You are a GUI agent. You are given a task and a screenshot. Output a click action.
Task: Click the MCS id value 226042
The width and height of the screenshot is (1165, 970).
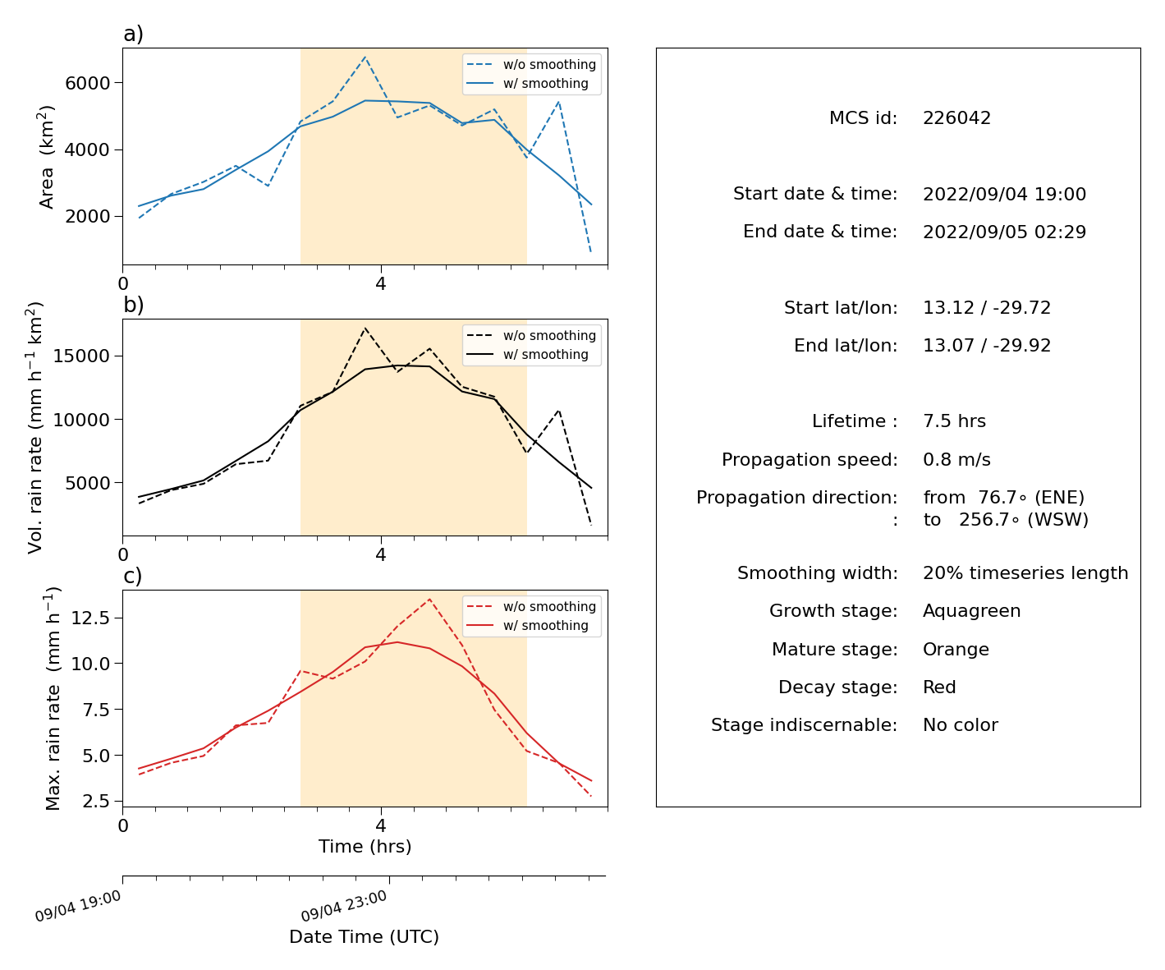pyautogui.click(x=956, y=117)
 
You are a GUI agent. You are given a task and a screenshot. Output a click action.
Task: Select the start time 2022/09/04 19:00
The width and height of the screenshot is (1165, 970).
pyautogui.click(x=1004, y=194)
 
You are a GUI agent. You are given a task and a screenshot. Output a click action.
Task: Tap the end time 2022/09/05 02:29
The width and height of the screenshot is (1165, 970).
pyautogui.click(x=1004, y=232)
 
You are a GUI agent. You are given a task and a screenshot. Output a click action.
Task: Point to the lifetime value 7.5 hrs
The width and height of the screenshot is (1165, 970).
pyautogui.click(x=954, y=421)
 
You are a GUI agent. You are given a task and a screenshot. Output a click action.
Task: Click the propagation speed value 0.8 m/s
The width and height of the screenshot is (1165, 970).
pyautogui.click(x=956, y=459)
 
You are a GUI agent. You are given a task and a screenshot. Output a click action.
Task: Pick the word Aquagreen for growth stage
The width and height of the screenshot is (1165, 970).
pyautogui.click(x=971, y=611)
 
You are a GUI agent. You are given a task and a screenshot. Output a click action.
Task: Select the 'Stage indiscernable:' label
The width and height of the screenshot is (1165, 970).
pyautogui.click(x=804, y=725)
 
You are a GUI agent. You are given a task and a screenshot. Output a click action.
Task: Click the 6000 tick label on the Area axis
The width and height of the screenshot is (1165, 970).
pyautogui.click(x=88, y=83)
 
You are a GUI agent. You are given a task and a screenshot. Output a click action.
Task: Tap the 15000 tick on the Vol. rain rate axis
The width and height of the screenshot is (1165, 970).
pyautogui.click(x=81, y=356)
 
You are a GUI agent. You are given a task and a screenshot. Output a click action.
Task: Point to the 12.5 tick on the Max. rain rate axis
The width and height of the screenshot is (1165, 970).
pyautogui.click(x=90, y=618)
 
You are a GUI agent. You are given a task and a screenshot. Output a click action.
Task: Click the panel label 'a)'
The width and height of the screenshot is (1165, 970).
pyautogui.click(x=133, y=34)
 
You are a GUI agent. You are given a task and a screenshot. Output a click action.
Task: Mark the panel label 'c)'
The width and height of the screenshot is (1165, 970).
pyautogui.click(x=133, y=576)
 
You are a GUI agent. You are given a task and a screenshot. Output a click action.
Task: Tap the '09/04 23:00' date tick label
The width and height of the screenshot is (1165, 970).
pyautogui.click(x=344, y=906)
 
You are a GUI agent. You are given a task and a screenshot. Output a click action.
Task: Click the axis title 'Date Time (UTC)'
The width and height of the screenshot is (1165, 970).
pyautogui.click(x=364, y=937)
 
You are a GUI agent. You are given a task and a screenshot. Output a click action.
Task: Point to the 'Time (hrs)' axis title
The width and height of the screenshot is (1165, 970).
pyautogui.click(x=365, y=847)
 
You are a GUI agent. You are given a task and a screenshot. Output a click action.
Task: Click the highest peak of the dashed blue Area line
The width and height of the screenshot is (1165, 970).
pyautogui.click(x=365, y=57)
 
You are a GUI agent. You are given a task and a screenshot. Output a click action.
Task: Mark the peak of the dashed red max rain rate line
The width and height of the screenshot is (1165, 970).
pyautogui.click(x=429, y=600)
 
